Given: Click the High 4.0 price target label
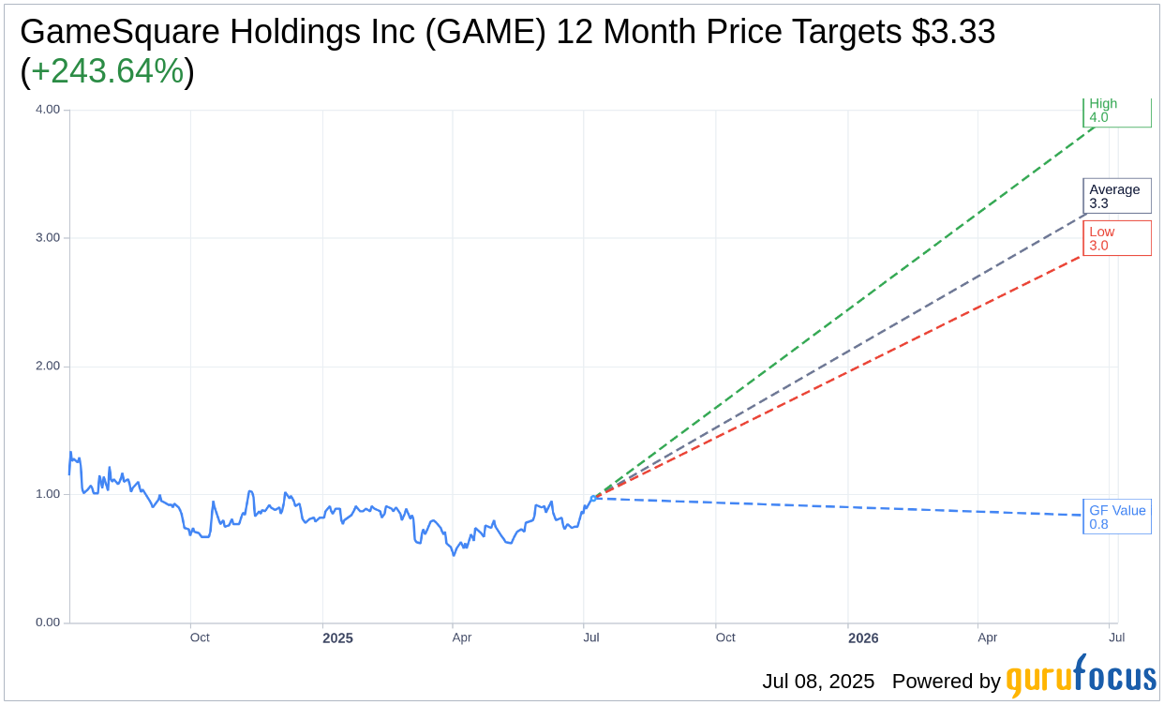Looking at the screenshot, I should point(1116,112).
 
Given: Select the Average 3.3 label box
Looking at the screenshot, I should point(1116,196).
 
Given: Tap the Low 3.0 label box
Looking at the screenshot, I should point(1116,238).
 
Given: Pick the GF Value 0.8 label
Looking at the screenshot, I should point(1116,517).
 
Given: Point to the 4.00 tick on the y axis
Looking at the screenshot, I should point(47,110).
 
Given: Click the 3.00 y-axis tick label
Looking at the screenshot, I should point(47,238).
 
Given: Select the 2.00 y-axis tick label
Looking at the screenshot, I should point(47,367).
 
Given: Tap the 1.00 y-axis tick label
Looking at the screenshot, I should point(47,494).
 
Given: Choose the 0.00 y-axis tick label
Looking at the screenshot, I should point(47,622).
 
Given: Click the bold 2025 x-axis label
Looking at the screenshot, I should point(337,638).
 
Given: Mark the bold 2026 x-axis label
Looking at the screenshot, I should point(863,638).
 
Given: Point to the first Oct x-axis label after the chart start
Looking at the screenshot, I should point(200,637).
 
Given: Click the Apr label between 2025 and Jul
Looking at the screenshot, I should point(462,637).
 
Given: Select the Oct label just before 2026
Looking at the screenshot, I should point(725,637).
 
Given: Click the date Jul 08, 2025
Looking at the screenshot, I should point(818,682).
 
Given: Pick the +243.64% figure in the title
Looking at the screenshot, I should point(107,71).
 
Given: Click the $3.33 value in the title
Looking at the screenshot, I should point(953,32).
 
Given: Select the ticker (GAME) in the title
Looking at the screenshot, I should point(487,32).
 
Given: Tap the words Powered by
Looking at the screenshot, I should point(946,682).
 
